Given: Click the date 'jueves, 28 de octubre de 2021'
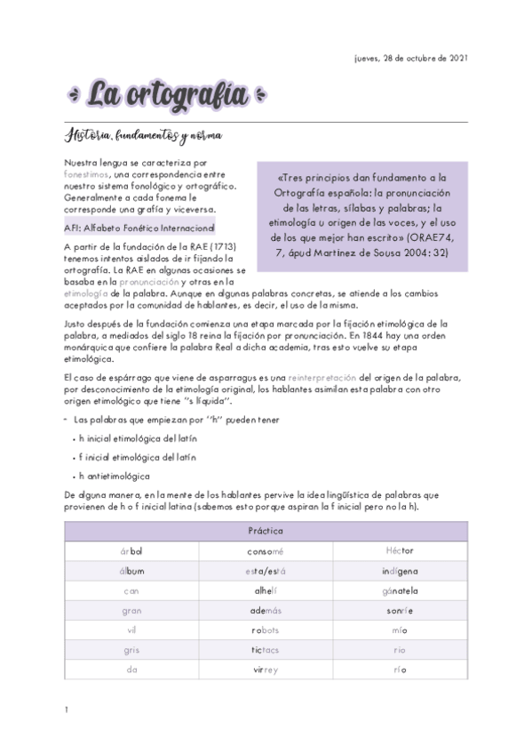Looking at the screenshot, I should click(x=410, y=59).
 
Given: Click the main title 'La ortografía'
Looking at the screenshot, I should click(x=165, y=93).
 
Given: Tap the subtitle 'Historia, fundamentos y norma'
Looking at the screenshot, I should click(x=142, y=136).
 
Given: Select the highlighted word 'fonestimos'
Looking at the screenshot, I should click(x=86, y=175).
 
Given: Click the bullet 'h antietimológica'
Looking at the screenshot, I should click(x=114, y=476).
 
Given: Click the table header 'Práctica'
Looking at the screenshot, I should click(x=266, y=531).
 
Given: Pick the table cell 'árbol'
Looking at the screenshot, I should click(x=131, y=551).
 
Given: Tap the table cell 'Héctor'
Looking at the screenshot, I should click(x=400, y=551).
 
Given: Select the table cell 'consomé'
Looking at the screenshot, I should click(x=266, y=551).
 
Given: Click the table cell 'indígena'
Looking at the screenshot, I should click(x=400, y=571).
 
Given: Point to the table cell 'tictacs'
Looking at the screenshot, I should click(x=266, y=649).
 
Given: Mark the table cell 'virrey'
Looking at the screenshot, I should click(x=266, y=669).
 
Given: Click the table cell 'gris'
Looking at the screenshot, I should click(x=131, y=649).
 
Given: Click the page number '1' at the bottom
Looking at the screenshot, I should click(x=67, y=710).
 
